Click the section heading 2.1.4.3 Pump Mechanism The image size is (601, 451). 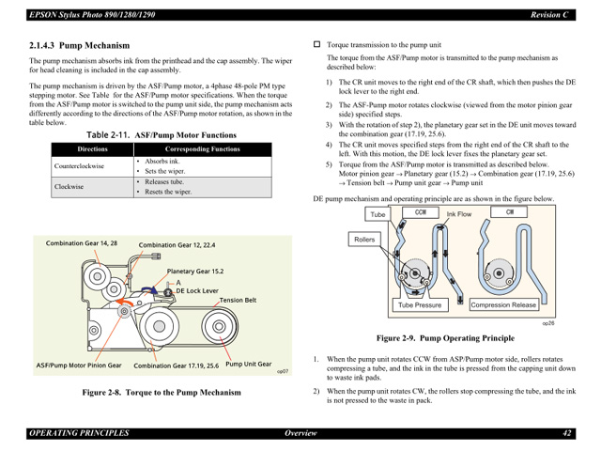(x=79, y=45)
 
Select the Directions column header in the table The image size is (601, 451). (x=92, y=149)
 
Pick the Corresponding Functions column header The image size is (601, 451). (x=202, y=149)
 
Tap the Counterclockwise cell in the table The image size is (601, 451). (x=80, y=166)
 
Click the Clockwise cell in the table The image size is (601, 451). (x=69, y=187)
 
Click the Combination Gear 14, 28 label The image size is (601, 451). (x=82, y=243)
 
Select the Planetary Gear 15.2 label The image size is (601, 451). (x=195, y=271)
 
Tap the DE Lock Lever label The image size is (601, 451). (x=197, y=291)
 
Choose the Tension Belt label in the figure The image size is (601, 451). (x=239, y=301)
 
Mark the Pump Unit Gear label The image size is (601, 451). (x=249, y=364)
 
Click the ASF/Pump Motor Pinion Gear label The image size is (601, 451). (x=79, y=365)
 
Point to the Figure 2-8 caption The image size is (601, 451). (x=161, y=393)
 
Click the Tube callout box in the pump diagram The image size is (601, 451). (x=378, y=215)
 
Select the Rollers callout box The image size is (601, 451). (x=363, y=240)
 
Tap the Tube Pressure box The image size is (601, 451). (x=419, y=305)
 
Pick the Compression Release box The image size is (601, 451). (x=503, y=305)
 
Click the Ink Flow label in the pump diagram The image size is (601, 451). (x=458, y=214)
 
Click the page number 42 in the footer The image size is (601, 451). (x=568, y=433)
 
